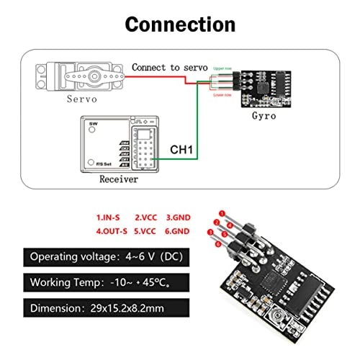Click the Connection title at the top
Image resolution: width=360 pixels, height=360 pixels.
click(x=180, y=23)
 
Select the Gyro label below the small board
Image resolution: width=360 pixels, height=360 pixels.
click(x=264, y=115)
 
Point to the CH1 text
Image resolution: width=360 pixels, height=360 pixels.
click(x=181, y=150)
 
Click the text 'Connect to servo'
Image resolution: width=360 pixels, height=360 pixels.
click(x=170, y=67)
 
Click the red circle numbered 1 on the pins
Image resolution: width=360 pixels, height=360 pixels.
click(x=222, y=213)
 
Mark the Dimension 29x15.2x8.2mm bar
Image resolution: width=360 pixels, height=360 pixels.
click(x=104, y=307)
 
